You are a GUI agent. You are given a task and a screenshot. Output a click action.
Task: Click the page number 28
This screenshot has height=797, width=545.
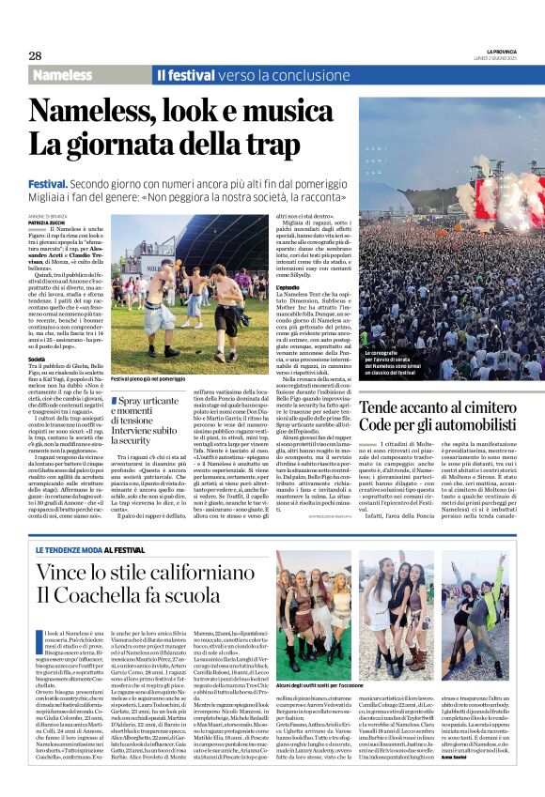(35, 55)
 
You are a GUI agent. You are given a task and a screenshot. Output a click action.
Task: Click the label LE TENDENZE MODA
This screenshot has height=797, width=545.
(75, 549)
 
